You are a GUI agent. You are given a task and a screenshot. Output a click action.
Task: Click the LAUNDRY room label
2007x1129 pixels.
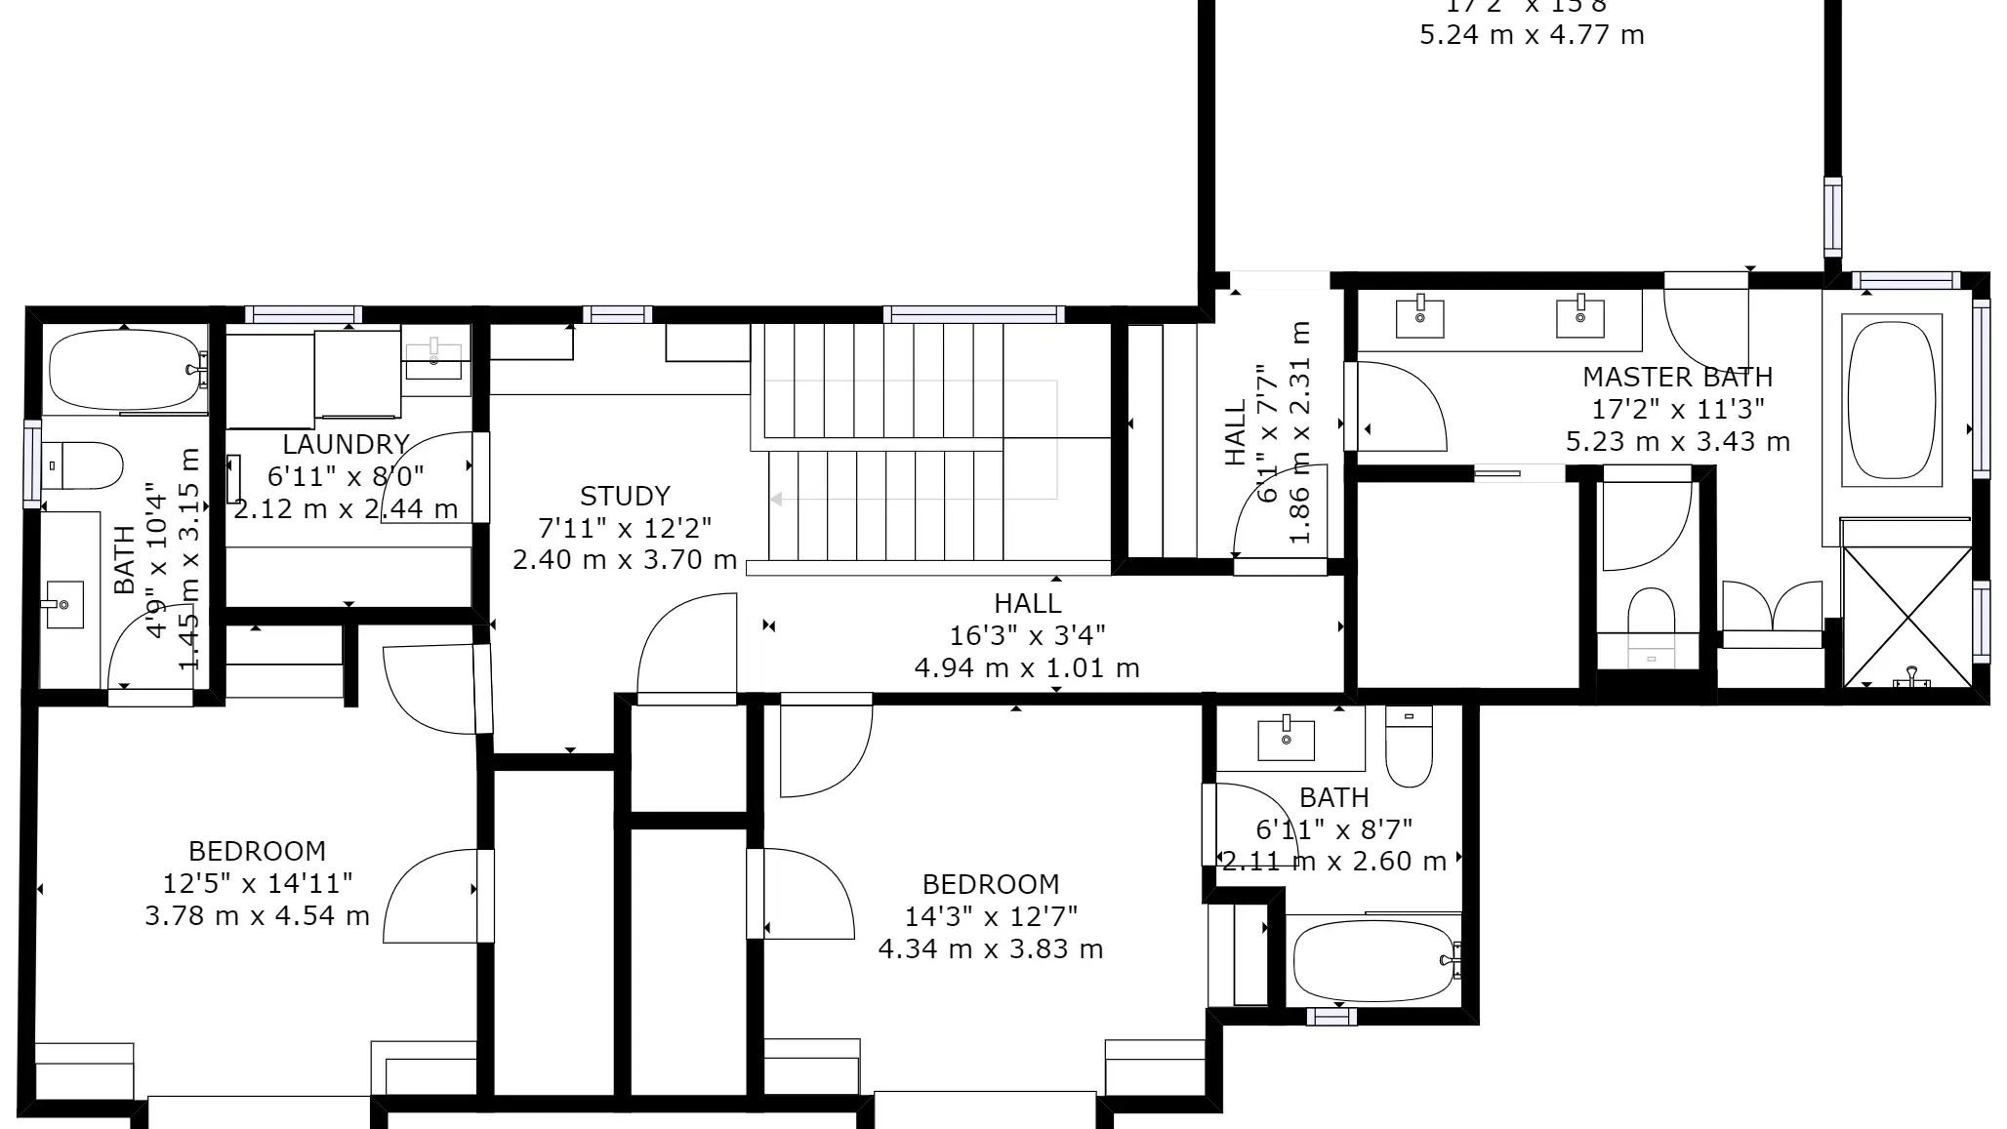tap(346, 445)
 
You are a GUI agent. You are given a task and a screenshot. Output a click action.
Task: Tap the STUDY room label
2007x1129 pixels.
tap(625, 497)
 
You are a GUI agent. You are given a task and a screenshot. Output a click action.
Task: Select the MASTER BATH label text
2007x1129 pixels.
tap(1677, 378)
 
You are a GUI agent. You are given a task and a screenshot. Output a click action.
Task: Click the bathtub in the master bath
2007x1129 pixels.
tap(1893, 400)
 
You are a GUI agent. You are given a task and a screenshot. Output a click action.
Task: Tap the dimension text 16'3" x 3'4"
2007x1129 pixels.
tap(1027, 636)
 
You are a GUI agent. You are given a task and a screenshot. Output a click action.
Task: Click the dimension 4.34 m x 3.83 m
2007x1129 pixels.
tap(990, 949)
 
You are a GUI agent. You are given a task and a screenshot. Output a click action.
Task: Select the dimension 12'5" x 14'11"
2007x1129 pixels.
tap(257, 884)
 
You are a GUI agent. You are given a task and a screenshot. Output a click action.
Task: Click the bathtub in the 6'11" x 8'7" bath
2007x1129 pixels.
tap(1372, 961)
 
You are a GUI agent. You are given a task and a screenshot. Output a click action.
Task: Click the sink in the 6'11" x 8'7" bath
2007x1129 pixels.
tap(1286, 739)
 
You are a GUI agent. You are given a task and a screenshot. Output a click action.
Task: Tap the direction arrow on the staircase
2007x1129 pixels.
tap(778, 500)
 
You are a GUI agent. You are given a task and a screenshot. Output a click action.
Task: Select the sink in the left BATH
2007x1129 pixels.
tap(64, 604)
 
